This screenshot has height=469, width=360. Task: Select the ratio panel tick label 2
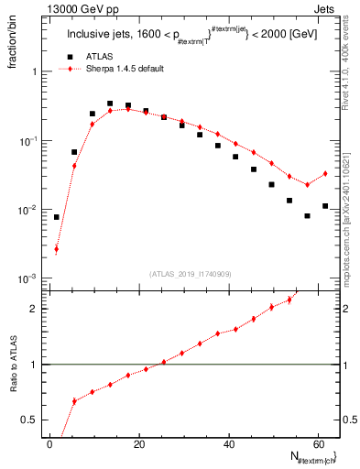(x=38, y=309)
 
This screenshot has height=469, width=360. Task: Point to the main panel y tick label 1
(x=38, y=71)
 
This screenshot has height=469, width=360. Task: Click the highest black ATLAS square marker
(x=110, y=104)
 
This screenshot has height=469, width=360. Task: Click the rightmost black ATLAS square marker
(x=325, y=206)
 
